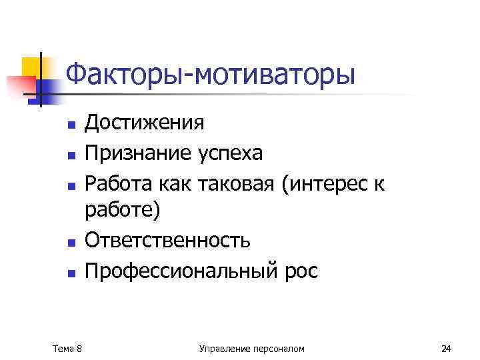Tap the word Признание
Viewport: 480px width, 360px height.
[x=139, y=153]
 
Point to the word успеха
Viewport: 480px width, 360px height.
[x=231, y=153]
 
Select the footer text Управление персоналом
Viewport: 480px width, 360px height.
[x=251, y=348]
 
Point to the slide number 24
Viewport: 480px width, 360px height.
[x=446, y=348]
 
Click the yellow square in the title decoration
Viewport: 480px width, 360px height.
[x=31, y=67]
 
